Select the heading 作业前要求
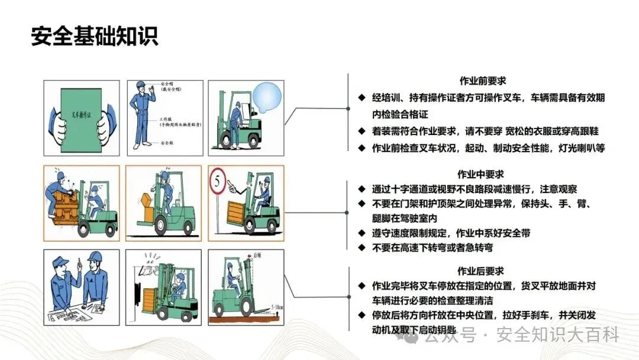coord(482,81)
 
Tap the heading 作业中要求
coord(480,174)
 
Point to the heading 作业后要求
coord(482,271)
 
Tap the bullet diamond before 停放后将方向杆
coord(362,314)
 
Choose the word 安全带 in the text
coord(513,233)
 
